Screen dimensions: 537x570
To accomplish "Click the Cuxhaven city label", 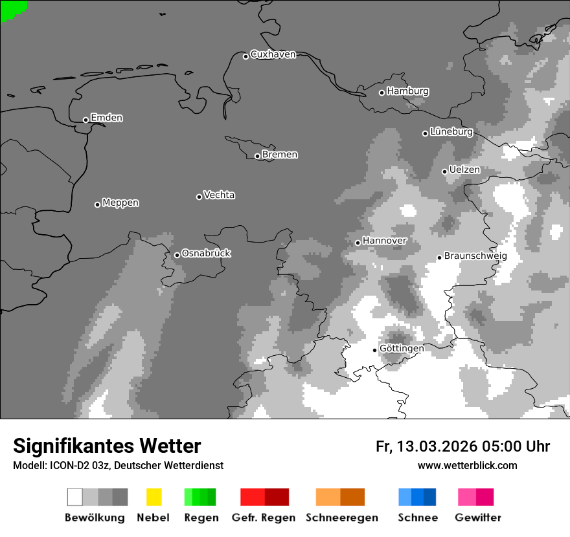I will [x=273, y=54].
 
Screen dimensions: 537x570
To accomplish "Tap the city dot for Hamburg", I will [x=382, y=93].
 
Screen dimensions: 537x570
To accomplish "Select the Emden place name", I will [x=106, y=118].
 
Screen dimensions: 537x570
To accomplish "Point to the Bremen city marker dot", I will [x=257, y=156].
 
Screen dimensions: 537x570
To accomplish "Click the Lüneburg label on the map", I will [x=451, y=131].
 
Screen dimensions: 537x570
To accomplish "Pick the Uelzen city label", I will [x=464, y=170].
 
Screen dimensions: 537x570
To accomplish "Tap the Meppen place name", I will [x=120, y=203].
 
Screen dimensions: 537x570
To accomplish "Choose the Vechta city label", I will [x=219, y=195].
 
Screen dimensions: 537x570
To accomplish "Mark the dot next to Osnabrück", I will [x=177, y=255].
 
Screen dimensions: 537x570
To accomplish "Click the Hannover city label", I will [x=384, y=241].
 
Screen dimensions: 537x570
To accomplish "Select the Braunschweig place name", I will [x=475, y=256].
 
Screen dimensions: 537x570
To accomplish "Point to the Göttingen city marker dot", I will [x=374, y=350].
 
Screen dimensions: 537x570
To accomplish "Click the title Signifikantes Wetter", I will [x=107, y=446].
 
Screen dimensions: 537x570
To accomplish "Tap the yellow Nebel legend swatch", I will [x=154, y=497].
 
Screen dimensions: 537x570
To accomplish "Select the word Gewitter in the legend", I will [x=478, y=518].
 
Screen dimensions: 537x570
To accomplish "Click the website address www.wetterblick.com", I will [x=467, y=465].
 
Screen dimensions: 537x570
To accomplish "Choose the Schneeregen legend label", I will [x=342, y=518].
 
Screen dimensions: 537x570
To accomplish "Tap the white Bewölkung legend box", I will [x=74, y=497].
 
